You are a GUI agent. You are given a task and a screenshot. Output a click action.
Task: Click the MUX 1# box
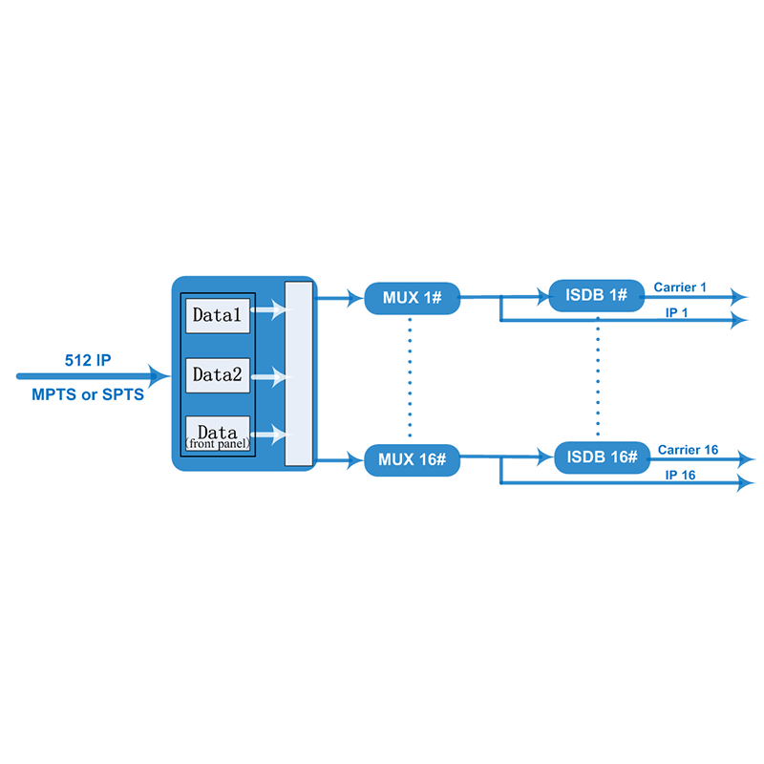413,298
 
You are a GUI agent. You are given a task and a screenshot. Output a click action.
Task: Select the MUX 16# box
413,460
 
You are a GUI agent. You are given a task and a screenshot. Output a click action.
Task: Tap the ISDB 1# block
596,295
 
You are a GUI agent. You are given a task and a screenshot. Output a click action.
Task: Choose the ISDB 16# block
603,457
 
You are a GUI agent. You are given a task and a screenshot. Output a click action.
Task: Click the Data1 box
218,316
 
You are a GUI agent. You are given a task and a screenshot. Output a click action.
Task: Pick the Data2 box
218,375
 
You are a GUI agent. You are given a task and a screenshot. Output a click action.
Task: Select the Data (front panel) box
218,434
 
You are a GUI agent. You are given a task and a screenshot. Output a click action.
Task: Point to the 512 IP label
88,360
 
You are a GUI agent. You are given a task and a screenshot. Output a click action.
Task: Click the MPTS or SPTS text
88,394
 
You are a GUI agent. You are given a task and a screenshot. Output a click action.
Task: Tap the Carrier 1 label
680,287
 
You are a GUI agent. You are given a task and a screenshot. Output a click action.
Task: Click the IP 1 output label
677,313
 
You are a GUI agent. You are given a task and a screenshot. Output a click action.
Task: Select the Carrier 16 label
688,450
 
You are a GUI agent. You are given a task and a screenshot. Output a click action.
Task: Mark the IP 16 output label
680,475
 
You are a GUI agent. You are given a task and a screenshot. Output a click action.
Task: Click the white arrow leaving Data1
270,309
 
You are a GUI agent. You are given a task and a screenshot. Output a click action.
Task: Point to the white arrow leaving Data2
270,377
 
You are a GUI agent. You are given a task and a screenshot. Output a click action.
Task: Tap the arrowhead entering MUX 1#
354,298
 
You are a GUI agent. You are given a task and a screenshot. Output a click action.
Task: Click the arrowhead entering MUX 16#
354,460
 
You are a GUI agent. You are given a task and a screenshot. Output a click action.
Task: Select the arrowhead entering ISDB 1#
541,296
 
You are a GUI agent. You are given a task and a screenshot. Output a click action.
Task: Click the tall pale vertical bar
299,373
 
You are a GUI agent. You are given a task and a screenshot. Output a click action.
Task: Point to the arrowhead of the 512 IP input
159,376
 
